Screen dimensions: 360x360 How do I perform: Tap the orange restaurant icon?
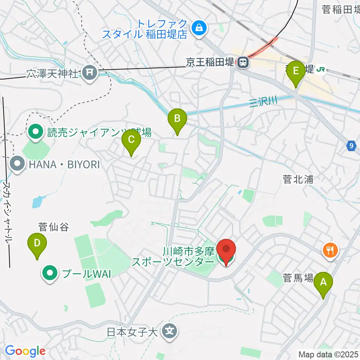(x=330, y=250)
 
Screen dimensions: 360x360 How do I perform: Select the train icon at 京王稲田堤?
(x=243, y=62)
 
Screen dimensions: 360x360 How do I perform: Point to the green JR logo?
(x=321, y=69)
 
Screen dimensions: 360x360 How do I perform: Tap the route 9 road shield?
(x=351, y=146)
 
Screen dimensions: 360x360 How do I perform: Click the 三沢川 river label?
(x=263, y=100)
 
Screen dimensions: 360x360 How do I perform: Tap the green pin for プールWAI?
(x=49, y=273)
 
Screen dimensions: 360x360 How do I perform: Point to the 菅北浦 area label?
(x=298, y=180)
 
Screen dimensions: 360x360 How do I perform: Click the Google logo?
(x=25, y=351)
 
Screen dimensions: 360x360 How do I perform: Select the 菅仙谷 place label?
(x=53, y=227)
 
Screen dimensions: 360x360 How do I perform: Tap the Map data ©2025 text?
(x=328, y=354)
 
